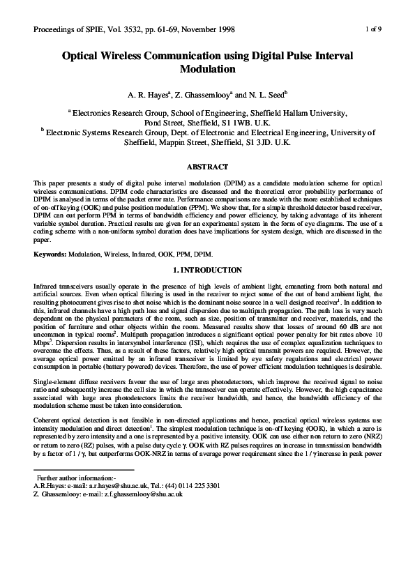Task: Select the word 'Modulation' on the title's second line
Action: (x=207, y=70)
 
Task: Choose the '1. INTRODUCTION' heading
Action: (x=207, y=270)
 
